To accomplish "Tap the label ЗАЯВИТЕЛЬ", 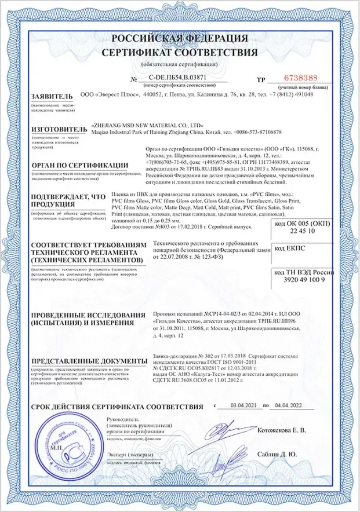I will click(x=52, y=96).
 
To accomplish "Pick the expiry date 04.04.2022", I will click(x=289, y=406).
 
